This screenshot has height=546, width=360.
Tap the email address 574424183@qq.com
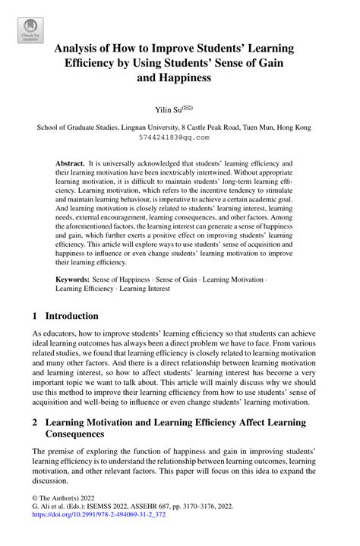click(x=179, y=139)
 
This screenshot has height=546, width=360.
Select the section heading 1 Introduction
click(x=65, y=315)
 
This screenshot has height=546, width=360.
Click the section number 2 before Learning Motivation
click(x=35, y=421)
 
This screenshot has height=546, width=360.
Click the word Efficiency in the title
click(x=92, y=63)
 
